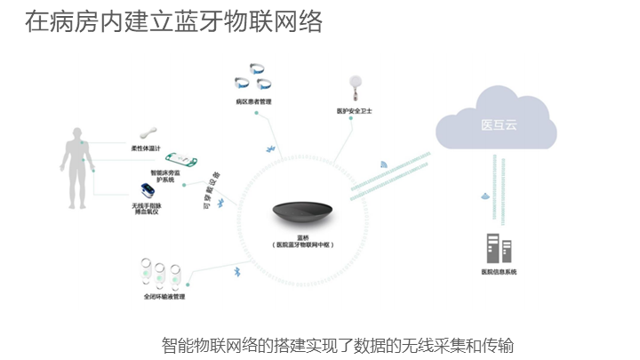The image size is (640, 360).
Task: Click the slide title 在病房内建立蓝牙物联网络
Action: click(x=174, y=22)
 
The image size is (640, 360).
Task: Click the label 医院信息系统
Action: click(x=499, y=271)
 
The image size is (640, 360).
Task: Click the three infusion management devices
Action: click(x=164, y=272)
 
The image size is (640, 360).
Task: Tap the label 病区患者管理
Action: click(x=254, y=102)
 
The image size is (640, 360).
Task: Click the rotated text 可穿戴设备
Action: click(x=212, y=189)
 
